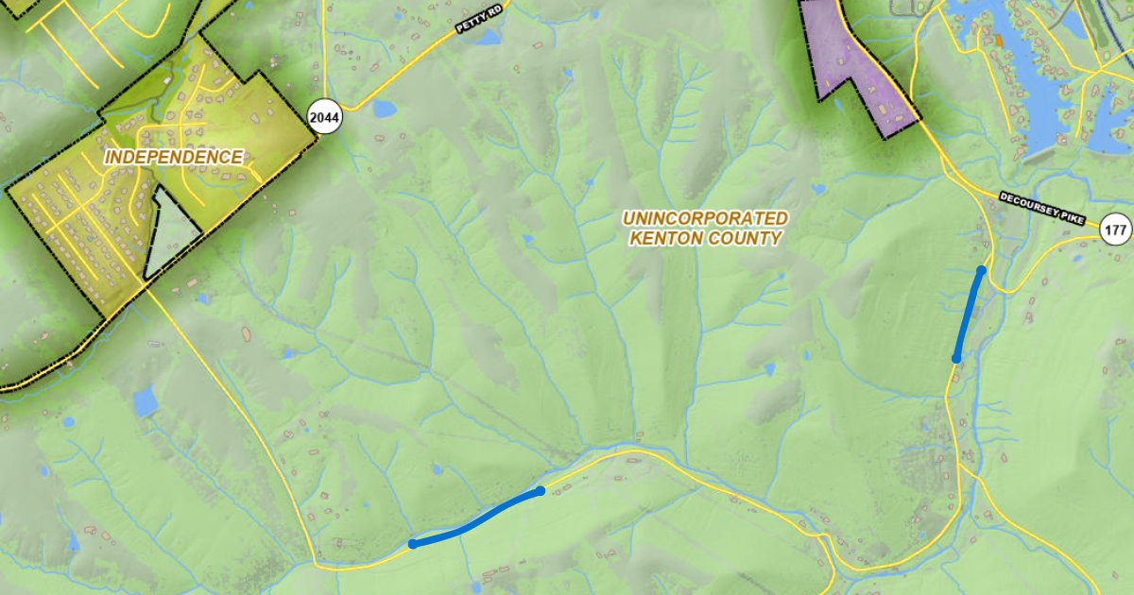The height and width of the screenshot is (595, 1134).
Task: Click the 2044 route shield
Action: [324, 118]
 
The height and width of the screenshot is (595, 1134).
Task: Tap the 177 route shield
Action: [1115, 229]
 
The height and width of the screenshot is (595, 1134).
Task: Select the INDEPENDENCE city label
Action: [174, 158]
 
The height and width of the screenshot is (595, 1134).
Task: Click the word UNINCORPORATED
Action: [705, 218]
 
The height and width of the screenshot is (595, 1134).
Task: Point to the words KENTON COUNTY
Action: [705, 239]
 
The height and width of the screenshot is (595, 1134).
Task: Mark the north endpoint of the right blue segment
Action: [981, 271]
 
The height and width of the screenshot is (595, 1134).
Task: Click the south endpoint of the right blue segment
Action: [956, 358]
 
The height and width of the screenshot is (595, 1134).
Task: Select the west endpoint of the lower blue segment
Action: [413, 544]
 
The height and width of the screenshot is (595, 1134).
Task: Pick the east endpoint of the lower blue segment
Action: [540, 491]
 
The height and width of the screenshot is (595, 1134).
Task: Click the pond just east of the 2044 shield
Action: [384, 109]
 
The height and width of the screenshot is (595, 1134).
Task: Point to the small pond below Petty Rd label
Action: [489, 38]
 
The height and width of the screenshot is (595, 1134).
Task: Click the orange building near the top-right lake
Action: [997, 40]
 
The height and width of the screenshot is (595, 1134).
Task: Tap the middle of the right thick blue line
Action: [969, 314]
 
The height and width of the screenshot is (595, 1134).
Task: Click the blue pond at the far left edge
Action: [145, 402]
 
